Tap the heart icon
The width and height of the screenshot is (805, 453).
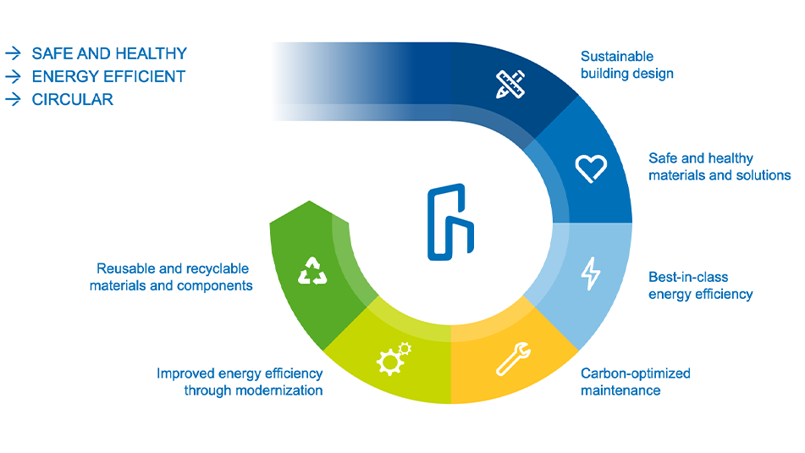(x=591, y=167)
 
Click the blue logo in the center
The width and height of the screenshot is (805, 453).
(x=449, y=221)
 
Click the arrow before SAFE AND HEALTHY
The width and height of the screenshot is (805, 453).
(x=13, y=53)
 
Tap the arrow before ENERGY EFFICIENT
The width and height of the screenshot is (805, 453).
(x=13, y=76)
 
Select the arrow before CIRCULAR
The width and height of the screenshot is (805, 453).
(x=13, y=99)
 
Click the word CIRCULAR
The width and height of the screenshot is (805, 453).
(x=72, y=99)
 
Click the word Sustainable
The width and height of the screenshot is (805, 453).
(x=617, y=57)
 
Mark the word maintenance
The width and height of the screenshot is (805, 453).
(x=620, y=390)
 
